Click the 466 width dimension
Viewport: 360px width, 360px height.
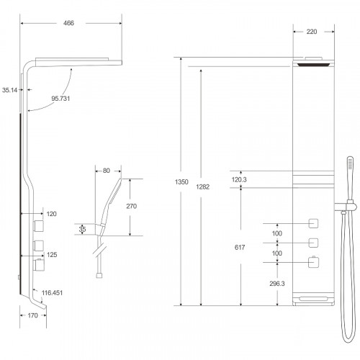click(x=68, y=23)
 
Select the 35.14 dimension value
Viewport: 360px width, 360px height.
click(x=9, y=90)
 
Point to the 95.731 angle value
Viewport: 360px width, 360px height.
click(x=60, y=99)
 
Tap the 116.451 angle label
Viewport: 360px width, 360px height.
click(x=52, y=293)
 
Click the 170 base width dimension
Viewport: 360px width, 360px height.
click(x=32, y=315)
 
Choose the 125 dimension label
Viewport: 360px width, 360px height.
click(x=52, y=255)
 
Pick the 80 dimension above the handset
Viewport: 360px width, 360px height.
click(x=107, y=171)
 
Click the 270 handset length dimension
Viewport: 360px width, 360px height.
click(x=132, y=206)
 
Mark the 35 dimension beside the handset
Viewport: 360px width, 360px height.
click(x=82, y=229)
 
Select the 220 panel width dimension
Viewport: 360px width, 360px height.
click(x=312, y=32)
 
